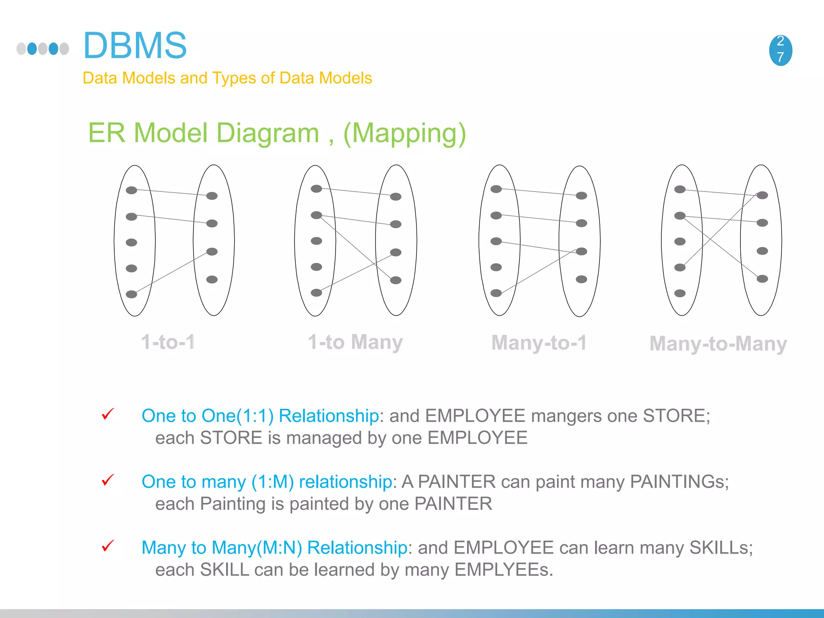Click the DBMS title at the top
[x=135, y=45]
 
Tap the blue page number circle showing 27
[x=780, y=50]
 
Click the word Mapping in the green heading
[x=404, y=133]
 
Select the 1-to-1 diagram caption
[x=168, y=342]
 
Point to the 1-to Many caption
[x=355, y=342]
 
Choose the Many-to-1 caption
[x=539, y=343]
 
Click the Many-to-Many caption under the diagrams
[x=718, y=344]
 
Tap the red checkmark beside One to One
[x=108, y=414]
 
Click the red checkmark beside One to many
[x=108, y=480]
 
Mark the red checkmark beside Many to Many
[x=108, y=546]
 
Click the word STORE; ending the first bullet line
[x=676, y=416]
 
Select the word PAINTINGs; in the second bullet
[x=679, y=482]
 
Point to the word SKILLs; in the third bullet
[x=721, y=548]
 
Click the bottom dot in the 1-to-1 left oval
[x=132, y=294]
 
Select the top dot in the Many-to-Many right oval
[x=762, y=196]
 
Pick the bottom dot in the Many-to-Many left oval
[x=680, y=293]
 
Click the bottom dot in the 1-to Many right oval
[x=396, y=280]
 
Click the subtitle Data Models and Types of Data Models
[x=227, y=78]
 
